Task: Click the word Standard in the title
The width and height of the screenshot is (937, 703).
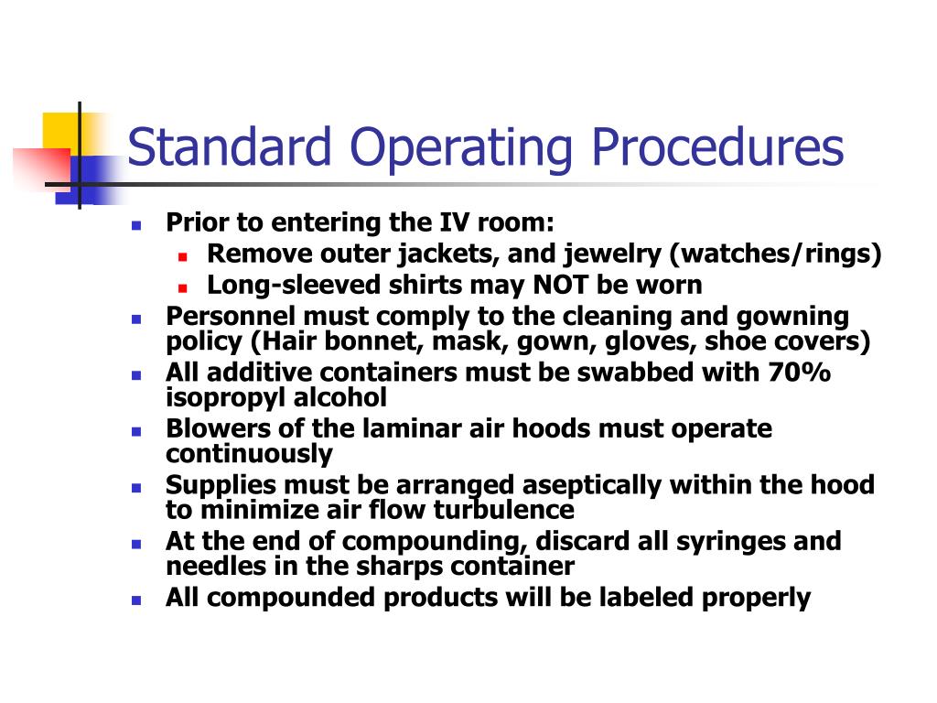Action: pos(232,148)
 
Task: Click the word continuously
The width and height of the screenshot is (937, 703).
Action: pos(249,454)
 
